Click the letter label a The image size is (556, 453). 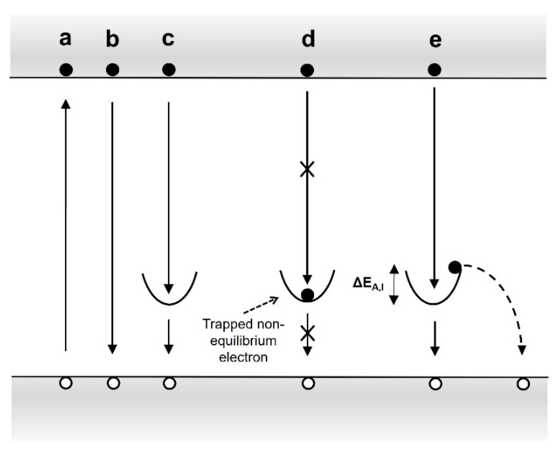point(65,39)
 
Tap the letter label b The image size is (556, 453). point(113,40)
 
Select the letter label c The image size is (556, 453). point(168,39)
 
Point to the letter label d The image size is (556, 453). point(308,39)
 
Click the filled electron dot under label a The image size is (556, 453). point(66,70)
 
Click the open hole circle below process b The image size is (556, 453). point(113,383)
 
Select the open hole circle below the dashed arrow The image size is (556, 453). point(523,384)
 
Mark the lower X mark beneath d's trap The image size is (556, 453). point(308,334)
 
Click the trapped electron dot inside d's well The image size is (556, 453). point(307,295)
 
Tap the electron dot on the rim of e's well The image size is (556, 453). point(455,267)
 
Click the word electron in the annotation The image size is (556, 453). point(243,357)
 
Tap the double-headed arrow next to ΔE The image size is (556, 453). point(394,284)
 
